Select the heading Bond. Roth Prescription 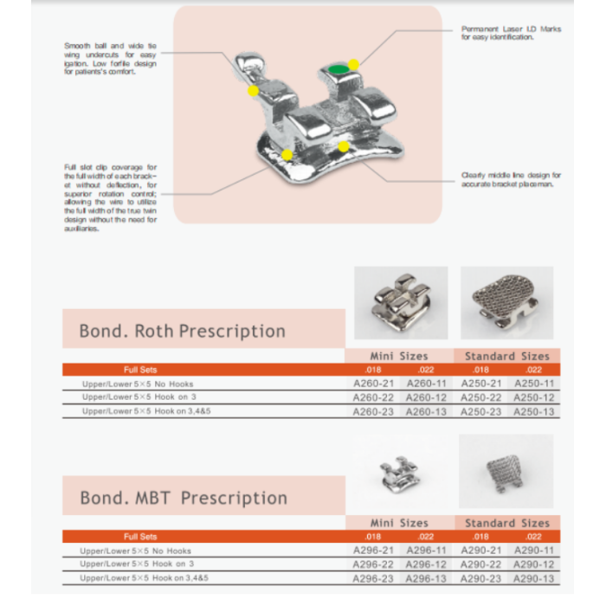(182, 331)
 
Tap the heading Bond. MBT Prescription (184, 498)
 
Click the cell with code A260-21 (373, 383)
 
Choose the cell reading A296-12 (427, 564)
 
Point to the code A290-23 (480, 577)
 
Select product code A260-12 (427, 397)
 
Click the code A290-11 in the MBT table (534, 550)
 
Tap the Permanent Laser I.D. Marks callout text (511, 33)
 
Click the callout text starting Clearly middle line (511, 179)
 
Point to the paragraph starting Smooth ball (110, 59)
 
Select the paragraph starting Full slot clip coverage (110, 197)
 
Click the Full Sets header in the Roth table (140, 370)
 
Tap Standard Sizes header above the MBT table (506, 523)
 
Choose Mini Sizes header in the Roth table (399, 356)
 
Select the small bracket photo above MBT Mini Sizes (400, 472)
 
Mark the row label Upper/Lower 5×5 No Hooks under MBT (136, 551)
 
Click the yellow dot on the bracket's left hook (252, 90)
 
